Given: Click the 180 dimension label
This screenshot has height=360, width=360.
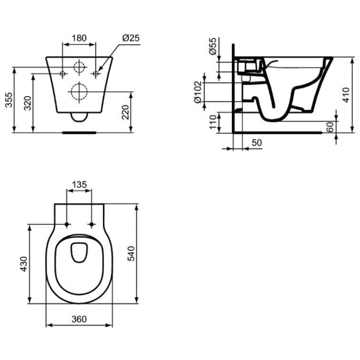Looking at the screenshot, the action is pos(79,38).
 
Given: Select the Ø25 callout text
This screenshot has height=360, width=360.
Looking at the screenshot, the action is pos(131,38).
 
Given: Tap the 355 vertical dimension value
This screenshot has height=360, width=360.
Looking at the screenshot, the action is pos(9,100).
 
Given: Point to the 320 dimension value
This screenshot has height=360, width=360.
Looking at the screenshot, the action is pos(28,103).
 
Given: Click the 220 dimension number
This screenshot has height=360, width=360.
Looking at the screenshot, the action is pos(125,112).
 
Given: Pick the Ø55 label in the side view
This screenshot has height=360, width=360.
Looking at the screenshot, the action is pos(213,46).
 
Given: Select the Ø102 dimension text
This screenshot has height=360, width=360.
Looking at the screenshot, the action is pos(197,92).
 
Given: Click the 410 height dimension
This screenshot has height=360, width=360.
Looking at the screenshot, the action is pos(346,95).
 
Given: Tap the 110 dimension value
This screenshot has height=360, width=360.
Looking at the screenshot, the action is pos(213,122).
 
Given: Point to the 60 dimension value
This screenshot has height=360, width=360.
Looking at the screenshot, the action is pos(330,127).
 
